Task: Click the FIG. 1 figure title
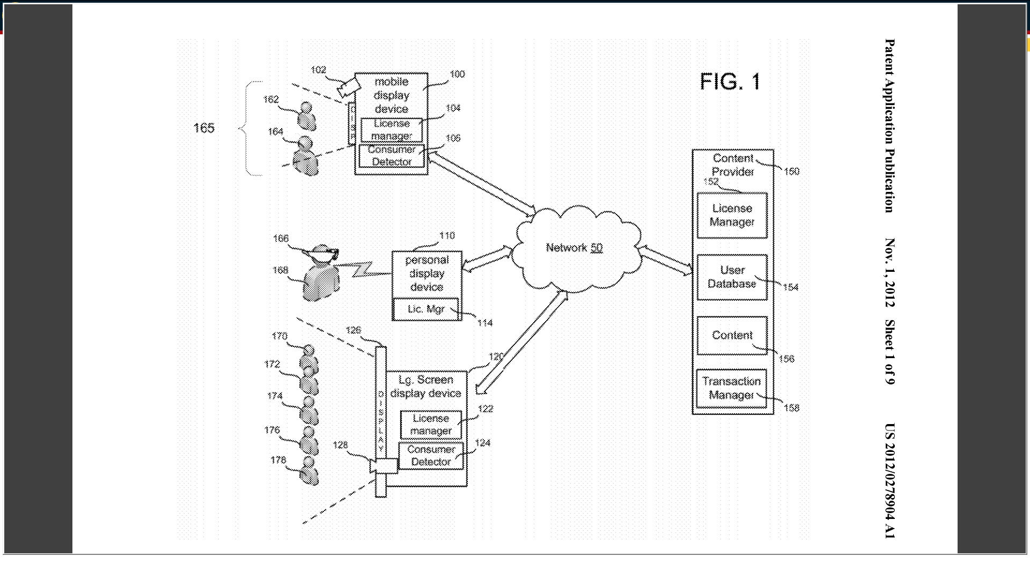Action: [730, 81]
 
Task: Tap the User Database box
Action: [732, 277]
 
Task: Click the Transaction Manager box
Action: [731, 388]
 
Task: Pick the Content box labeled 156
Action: [732, 336]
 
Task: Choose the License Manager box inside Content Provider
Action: [732, 216]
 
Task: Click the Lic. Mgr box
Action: [426, 309]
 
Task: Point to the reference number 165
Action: [204, 128]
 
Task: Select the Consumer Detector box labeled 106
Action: [392, 156]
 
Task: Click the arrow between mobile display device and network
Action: [482, 183]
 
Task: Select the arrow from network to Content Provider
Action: [665, 260]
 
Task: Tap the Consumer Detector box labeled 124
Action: [431, 456]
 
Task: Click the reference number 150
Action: [791, 172]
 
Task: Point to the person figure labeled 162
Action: [307, 117]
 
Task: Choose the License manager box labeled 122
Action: [431, 425]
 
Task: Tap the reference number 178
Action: [278, 460]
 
